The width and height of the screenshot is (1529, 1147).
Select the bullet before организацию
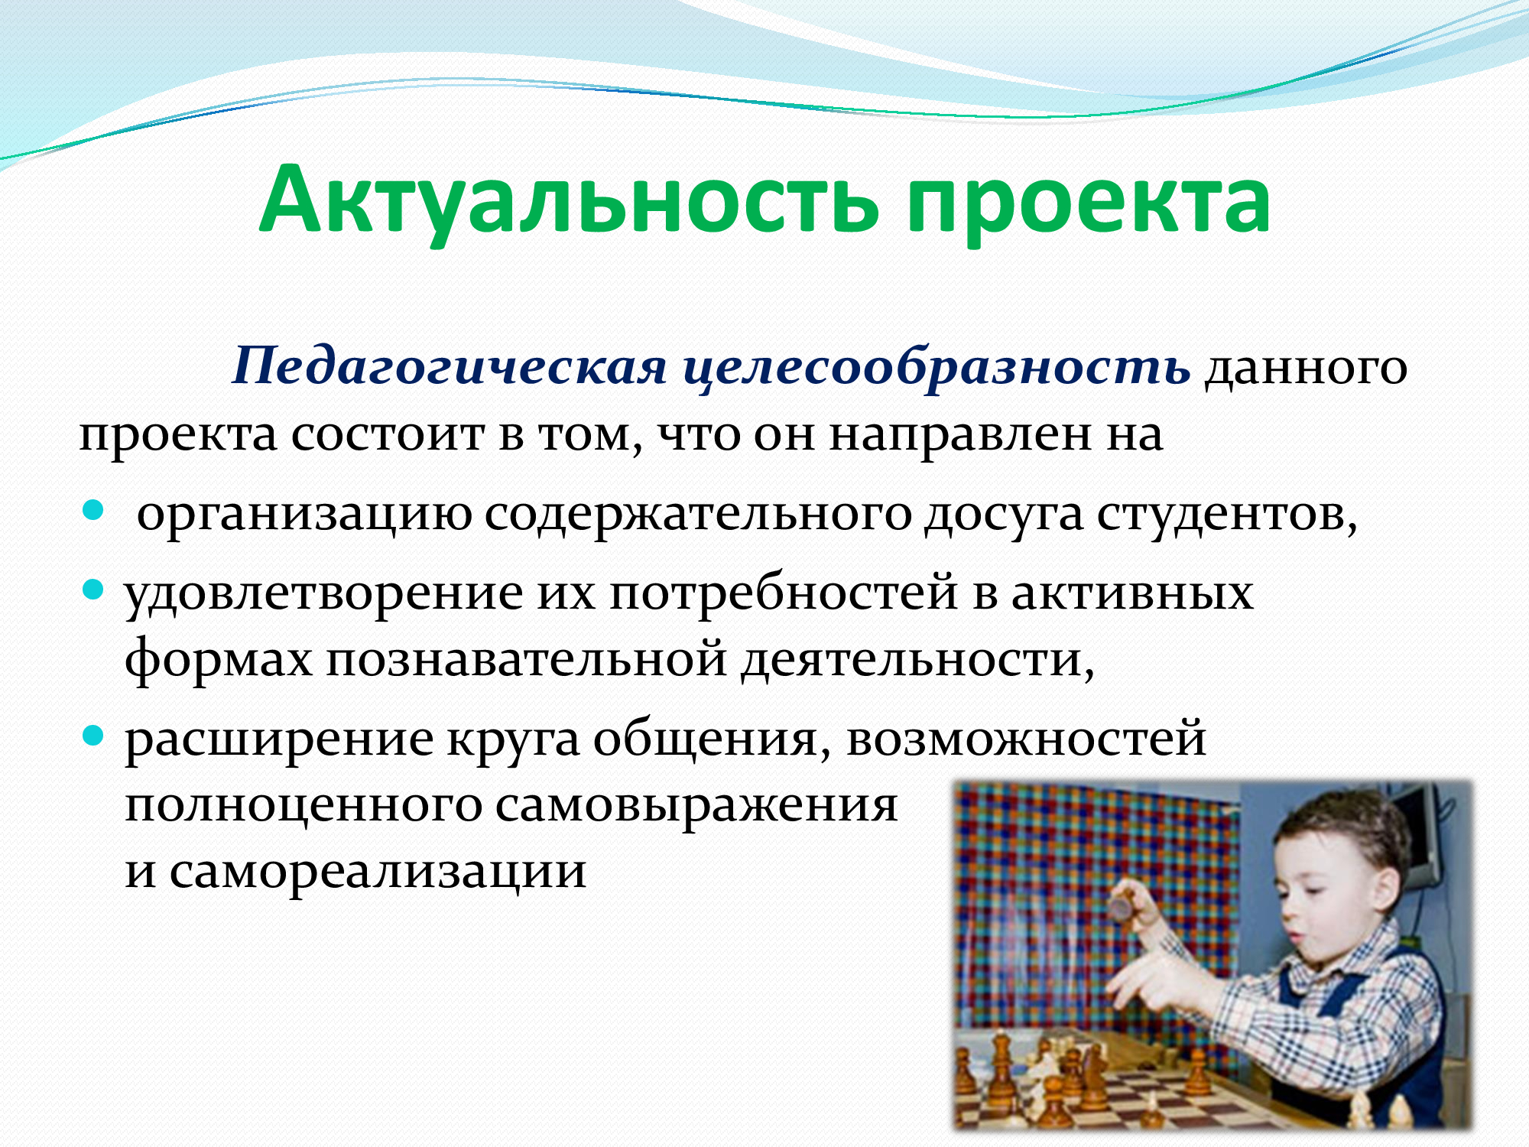pos(93,511)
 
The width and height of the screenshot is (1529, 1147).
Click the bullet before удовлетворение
pos(93,590)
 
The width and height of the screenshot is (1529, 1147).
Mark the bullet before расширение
pos(93,736)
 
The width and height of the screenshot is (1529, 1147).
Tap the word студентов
pos(1226,515)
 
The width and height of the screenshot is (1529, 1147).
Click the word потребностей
pos(783,593)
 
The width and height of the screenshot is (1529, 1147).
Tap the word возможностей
pos(1027,739)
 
